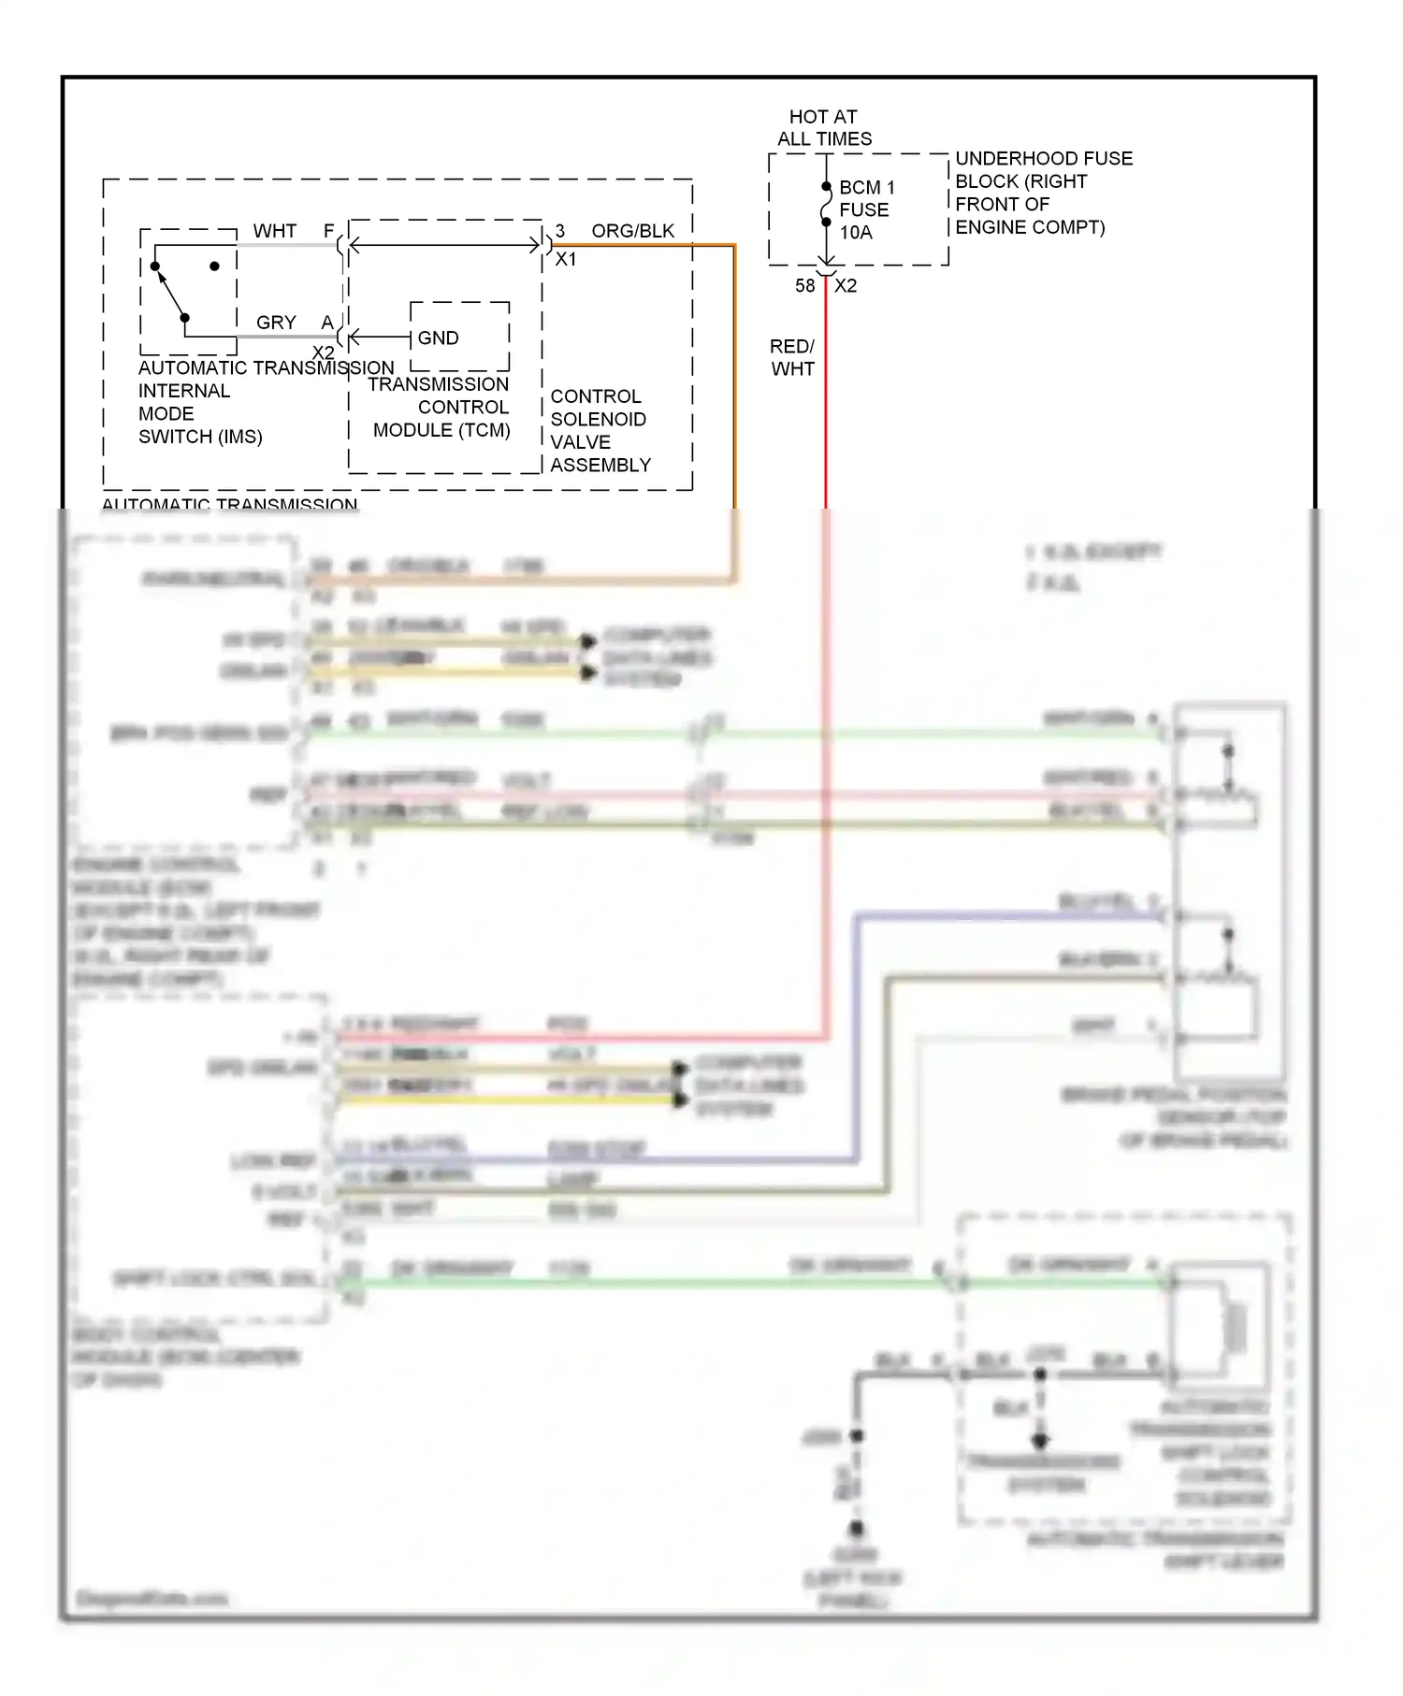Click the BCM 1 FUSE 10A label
pyautogui.click(x=866, y=209)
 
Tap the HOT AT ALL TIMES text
pyautogui.click(x=824, y=128)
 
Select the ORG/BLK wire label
pyautogui.click(x=632, y=231)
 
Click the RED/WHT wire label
pyautogui.click(x=792, y=358)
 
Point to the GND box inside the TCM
pyautogui.click(x=459, y=337)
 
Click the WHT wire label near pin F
pyautogui.click(x=274, y=231)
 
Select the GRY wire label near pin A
pyautogui.click(x=276, y=323)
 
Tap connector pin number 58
pyautogui.click(x=804, y=286)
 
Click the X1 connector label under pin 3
pyautogui.click(x=566, y=259)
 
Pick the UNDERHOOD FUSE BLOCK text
pyautogui.click(x=1042, y=193)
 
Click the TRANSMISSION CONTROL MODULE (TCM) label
pyautogui.click(x=441, y=408)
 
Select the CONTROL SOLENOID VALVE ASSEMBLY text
pyautogui.click(x=599, y=431)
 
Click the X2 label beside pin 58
pyautogui.click(x=846, y=286)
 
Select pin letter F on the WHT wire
pyautogui.click(x=328, y=231)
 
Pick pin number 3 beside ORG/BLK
pyautogui.click(x=560, y=231)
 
